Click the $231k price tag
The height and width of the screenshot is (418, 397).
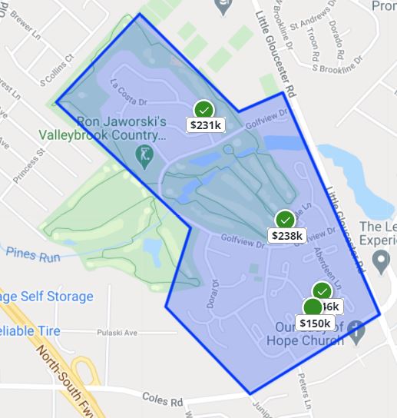point(205,124)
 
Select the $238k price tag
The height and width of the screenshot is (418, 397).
point(288,235)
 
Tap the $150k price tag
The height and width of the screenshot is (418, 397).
point(315,323)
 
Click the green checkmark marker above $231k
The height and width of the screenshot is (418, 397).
point(203,109)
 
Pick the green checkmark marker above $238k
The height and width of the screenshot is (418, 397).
point(286,220)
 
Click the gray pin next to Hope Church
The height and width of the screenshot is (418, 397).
point(355,330)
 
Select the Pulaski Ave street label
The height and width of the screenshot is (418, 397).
point(116,333)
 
